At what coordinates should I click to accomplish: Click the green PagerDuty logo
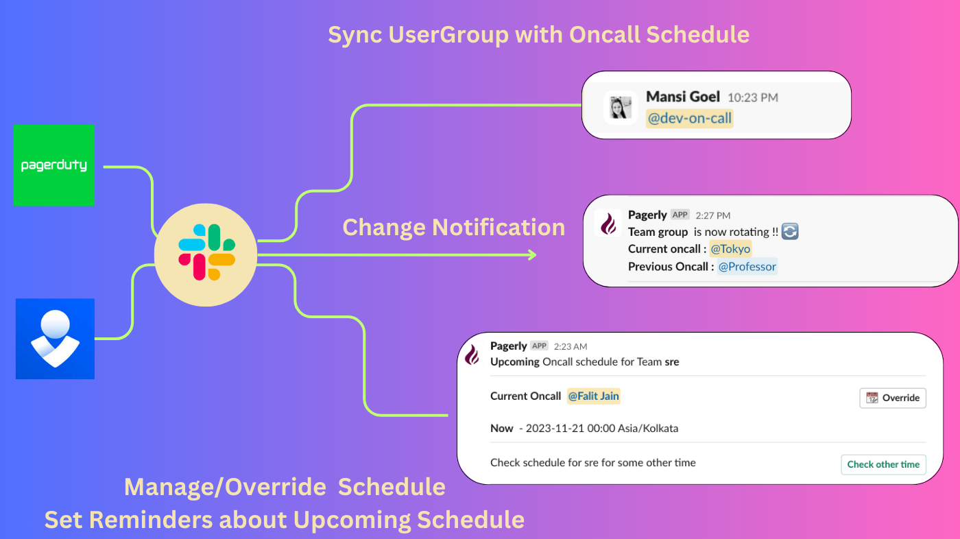[x=54, y=165]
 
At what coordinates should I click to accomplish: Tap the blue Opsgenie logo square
[x=56, y=339]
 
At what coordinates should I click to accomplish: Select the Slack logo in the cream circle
[x=206, y=252]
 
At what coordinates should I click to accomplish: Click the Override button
[x=893, y=398]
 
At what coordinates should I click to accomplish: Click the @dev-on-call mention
[x=690, y=118]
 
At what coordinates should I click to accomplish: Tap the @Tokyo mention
[x=730, y=249]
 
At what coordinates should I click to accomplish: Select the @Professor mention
[x=747, y=267]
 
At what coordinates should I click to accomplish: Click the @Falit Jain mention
[x=593, y=396]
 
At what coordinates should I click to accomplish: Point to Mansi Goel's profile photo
[x=621, y=107]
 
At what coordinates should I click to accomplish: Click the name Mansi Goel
[x=683, y=97]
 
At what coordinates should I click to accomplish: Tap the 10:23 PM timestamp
[x=753, y=97]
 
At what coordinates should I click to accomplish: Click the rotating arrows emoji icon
[x=790, y=232]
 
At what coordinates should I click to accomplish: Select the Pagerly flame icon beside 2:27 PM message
[x=608, y=224]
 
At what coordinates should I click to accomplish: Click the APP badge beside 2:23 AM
[x=539, y=346]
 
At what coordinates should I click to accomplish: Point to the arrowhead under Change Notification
[x=533, y=255]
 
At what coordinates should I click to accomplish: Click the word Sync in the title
[x=355, y=35]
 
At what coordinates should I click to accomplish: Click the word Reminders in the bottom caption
[x=151, y=520]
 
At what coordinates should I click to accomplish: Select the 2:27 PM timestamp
[x=712, y=215]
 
